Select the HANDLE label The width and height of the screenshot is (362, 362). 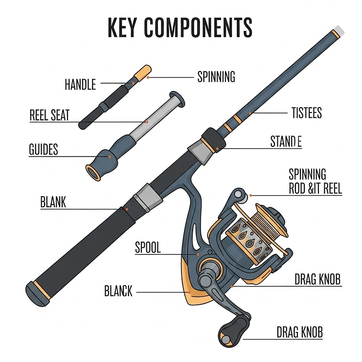point(80,85)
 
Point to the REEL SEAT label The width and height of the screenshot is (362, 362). point(49,115)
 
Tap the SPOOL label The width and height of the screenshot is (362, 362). point(147,248)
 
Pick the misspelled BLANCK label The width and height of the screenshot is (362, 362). point(118,292)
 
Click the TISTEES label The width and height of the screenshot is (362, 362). point(306,113)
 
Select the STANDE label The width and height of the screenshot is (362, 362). point(286,142)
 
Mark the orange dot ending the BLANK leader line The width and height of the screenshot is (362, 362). point(127,209)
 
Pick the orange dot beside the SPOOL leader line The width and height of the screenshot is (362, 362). point(197,254)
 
